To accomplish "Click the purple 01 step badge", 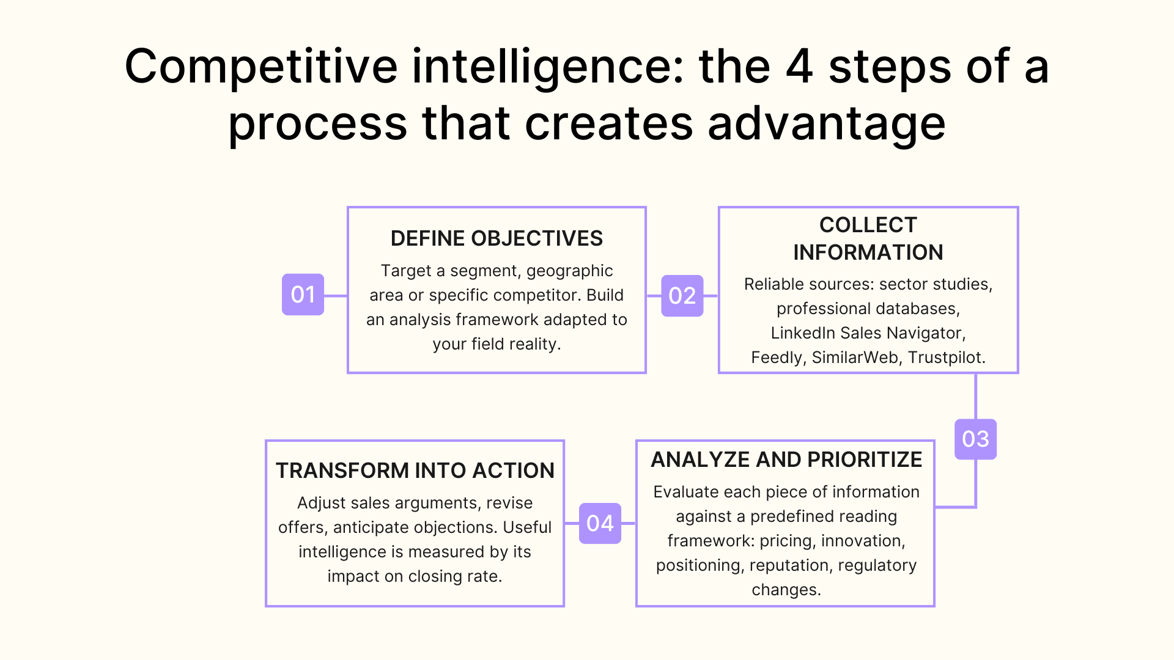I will click(303, 295).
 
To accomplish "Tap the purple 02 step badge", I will click(682, 296).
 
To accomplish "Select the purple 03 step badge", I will click(975, 439).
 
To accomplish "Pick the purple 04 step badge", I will click(600, 523).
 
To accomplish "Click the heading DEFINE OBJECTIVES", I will click(497, 238).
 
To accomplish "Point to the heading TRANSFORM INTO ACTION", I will click(415, 471).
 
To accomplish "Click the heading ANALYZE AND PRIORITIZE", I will click(786, 460).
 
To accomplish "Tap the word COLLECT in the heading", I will click(868, 225).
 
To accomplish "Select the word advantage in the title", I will click(827, 124).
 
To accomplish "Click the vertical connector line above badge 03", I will click(975, 396).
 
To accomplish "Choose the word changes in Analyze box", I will click(785, 590).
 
